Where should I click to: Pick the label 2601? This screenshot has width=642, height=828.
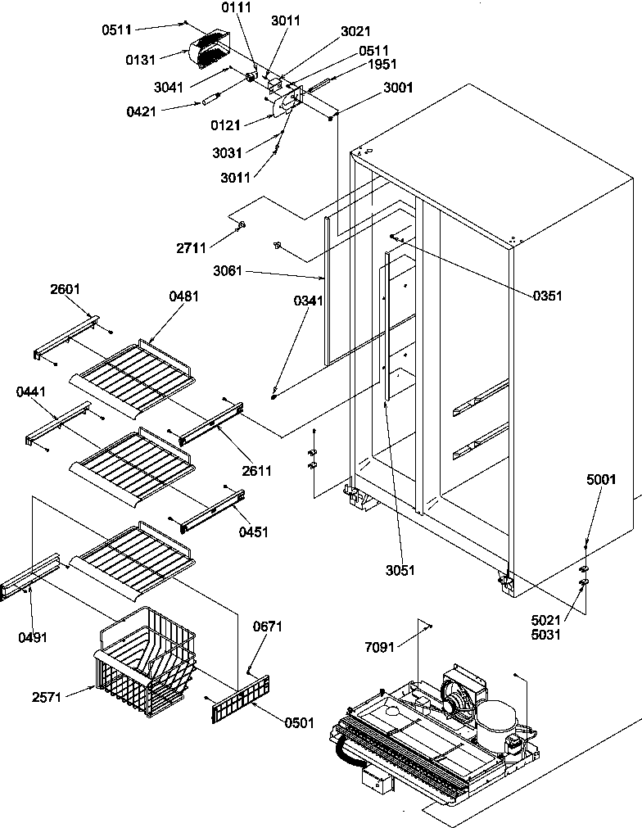pos(65,289)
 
